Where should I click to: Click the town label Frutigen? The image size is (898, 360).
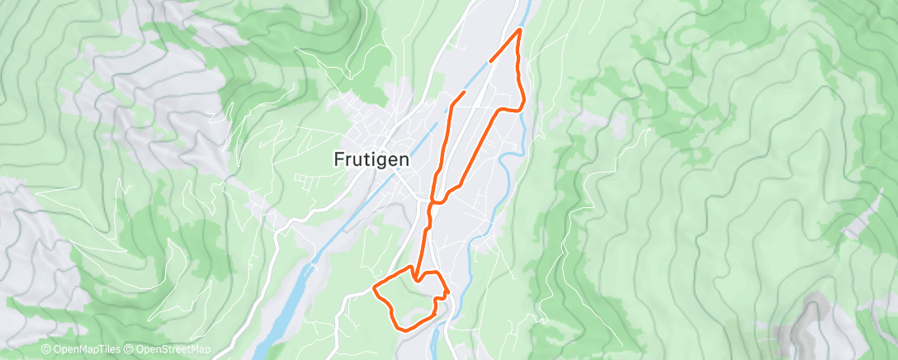pyautogui.click(x=371, y=160)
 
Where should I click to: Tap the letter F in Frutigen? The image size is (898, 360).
pyautogui.click(x=339, y=160)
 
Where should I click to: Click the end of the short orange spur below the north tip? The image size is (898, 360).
pyautogui.click(x=491, y=60)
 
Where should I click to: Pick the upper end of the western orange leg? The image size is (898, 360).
pyautogui.click(x=464, y=92)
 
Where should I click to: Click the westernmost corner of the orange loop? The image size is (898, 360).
pyautogui.click(x=375, y=287)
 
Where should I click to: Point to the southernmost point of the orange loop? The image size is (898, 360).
pyautogui.click(x=402, y=328)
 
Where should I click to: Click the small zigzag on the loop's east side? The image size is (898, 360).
pyautogui.click(x=445, y=291)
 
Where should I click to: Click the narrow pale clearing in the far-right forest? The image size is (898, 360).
pyautogui.click(x=858, y=221)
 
